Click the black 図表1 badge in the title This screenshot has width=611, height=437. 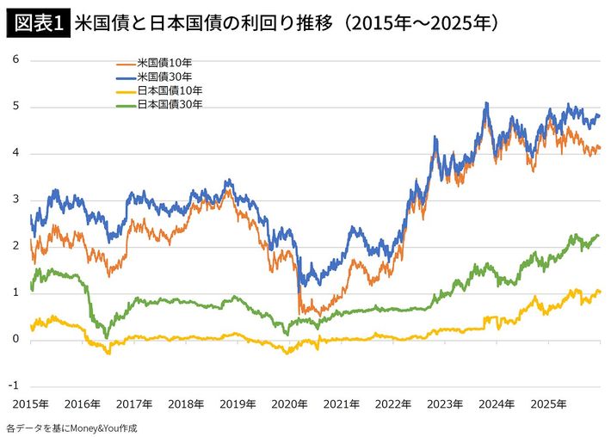[x=37, y=22]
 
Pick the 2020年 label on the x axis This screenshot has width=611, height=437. [x=290, y=403]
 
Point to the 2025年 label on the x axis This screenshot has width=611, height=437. [x=547, y=403]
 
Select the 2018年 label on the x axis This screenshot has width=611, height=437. [x=187, y=403]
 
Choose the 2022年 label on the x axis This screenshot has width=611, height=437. [x=393, y=403]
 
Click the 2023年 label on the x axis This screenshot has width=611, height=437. [x=445, y=403]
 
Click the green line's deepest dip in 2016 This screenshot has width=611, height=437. [x=106, y=335]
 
